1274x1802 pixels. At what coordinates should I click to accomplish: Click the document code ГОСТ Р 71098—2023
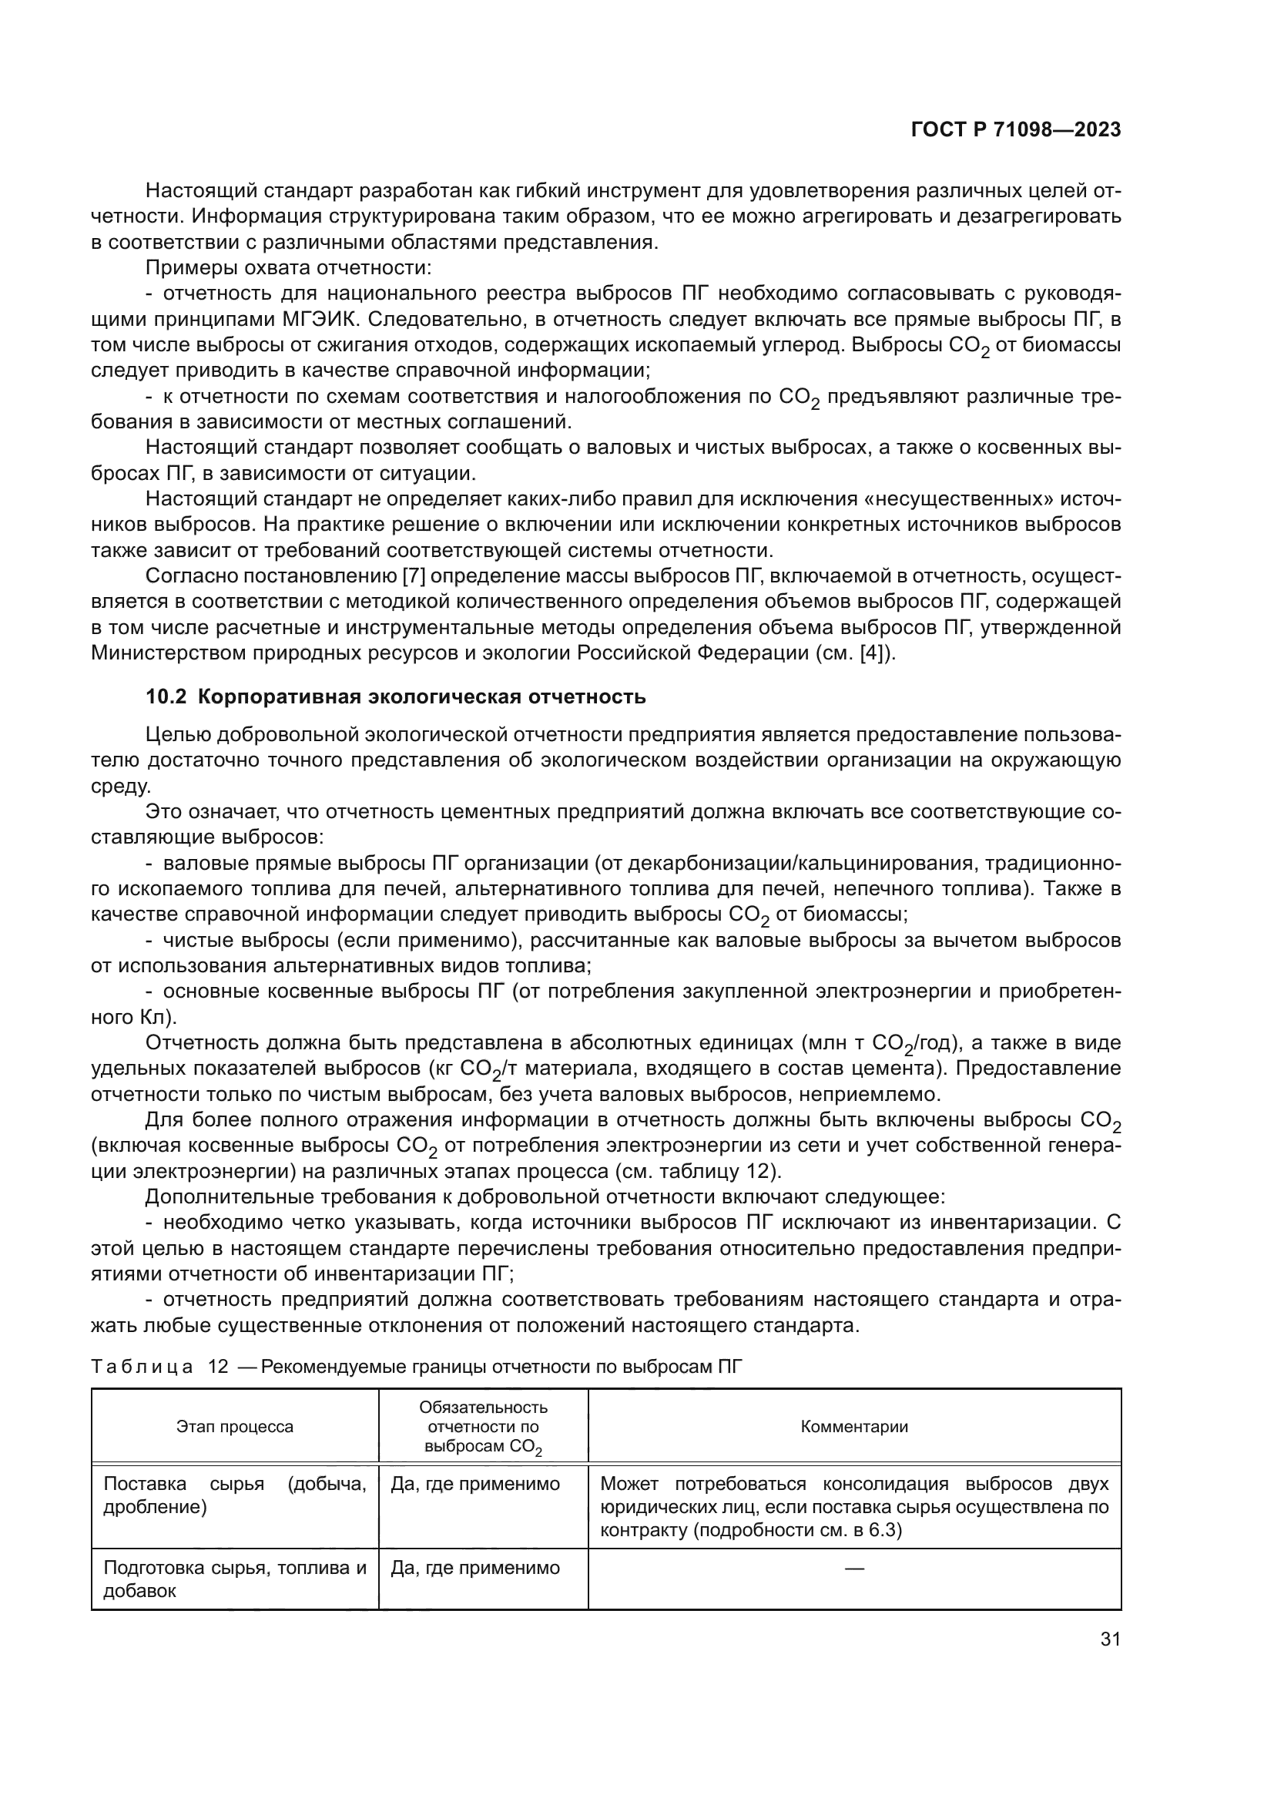(1015, 130)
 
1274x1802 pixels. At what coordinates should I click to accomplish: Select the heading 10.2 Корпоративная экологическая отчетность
(395, 696)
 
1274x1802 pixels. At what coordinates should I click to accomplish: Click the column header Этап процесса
(235, 1427)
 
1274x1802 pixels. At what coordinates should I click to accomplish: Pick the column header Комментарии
(854, 1427)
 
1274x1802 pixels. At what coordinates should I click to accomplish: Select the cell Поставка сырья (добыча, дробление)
(235, 1495)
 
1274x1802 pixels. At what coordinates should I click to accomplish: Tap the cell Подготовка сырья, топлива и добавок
(235, 1579)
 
